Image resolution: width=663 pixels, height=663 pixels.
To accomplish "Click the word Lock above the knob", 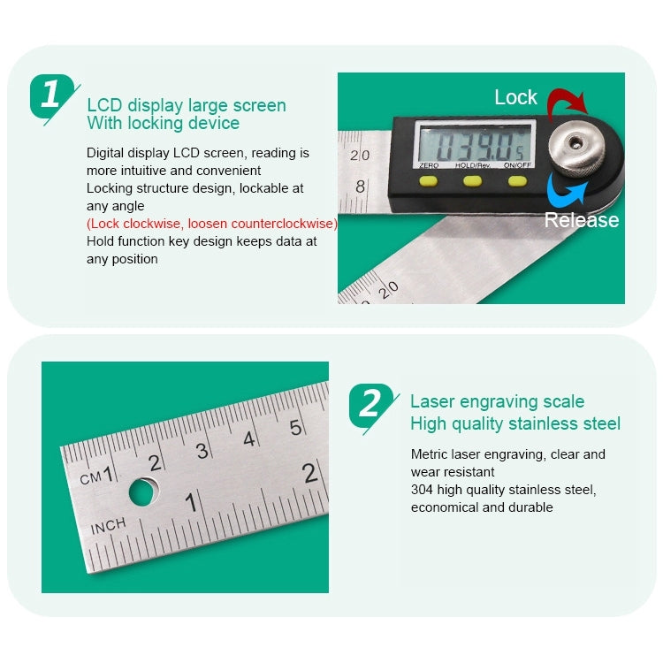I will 515,97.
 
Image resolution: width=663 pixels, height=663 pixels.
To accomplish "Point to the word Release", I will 581,220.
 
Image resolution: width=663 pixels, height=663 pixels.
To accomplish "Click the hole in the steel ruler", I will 143,491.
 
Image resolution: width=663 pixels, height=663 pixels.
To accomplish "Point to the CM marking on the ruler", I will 90,477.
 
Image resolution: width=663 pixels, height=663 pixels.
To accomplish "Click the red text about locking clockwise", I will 212,224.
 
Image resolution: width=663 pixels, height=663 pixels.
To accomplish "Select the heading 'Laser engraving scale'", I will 497,402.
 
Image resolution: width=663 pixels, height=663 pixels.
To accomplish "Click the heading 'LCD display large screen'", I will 187,105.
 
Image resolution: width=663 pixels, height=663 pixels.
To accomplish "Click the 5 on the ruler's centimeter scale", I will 296,428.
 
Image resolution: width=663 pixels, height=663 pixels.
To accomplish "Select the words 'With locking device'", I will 163,124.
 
